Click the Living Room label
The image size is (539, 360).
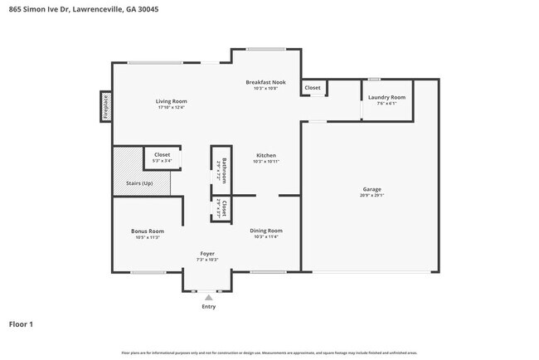[171, 101]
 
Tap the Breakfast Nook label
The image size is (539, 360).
[265, 82]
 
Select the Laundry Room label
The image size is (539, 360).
[386, 98]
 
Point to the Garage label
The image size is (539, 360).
[371, 189]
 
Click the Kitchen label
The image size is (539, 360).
[265, 155]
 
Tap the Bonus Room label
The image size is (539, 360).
[147, 231]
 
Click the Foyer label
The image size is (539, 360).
[207, 253]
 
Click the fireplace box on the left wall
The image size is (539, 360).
[105, 106]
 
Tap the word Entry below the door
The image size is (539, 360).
[208, 307]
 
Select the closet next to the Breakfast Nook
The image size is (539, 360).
[313, 87]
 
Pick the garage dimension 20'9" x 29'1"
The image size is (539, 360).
[371, 197]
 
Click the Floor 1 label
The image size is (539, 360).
[22, 324]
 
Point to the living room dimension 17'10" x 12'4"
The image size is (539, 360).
[171, 108]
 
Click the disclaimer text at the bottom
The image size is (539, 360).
[269, 353]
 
